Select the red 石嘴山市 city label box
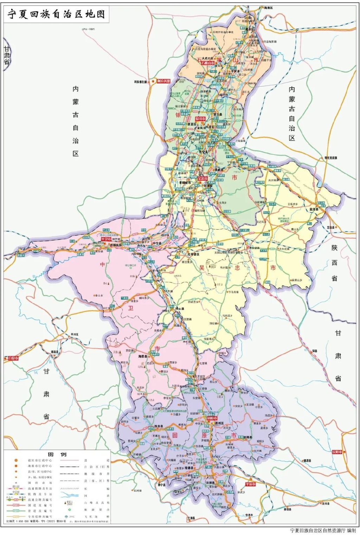(208, 63)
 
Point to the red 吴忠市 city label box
(202, 178)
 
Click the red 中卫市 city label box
(106, 239)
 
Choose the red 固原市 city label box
(212, 418)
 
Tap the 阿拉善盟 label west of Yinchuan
(163, 81)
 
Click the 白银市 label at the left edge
(12, 358)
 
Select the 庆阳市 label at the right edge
(337, 452)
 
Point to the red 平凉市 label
(251, 484)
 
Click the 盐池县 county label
(314, 209)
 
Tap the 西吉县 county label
(159, 427)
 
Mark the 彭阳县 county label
(248, 437)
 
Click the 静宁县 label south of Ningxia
(161, 485)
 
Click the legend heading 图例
(57, 454)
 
